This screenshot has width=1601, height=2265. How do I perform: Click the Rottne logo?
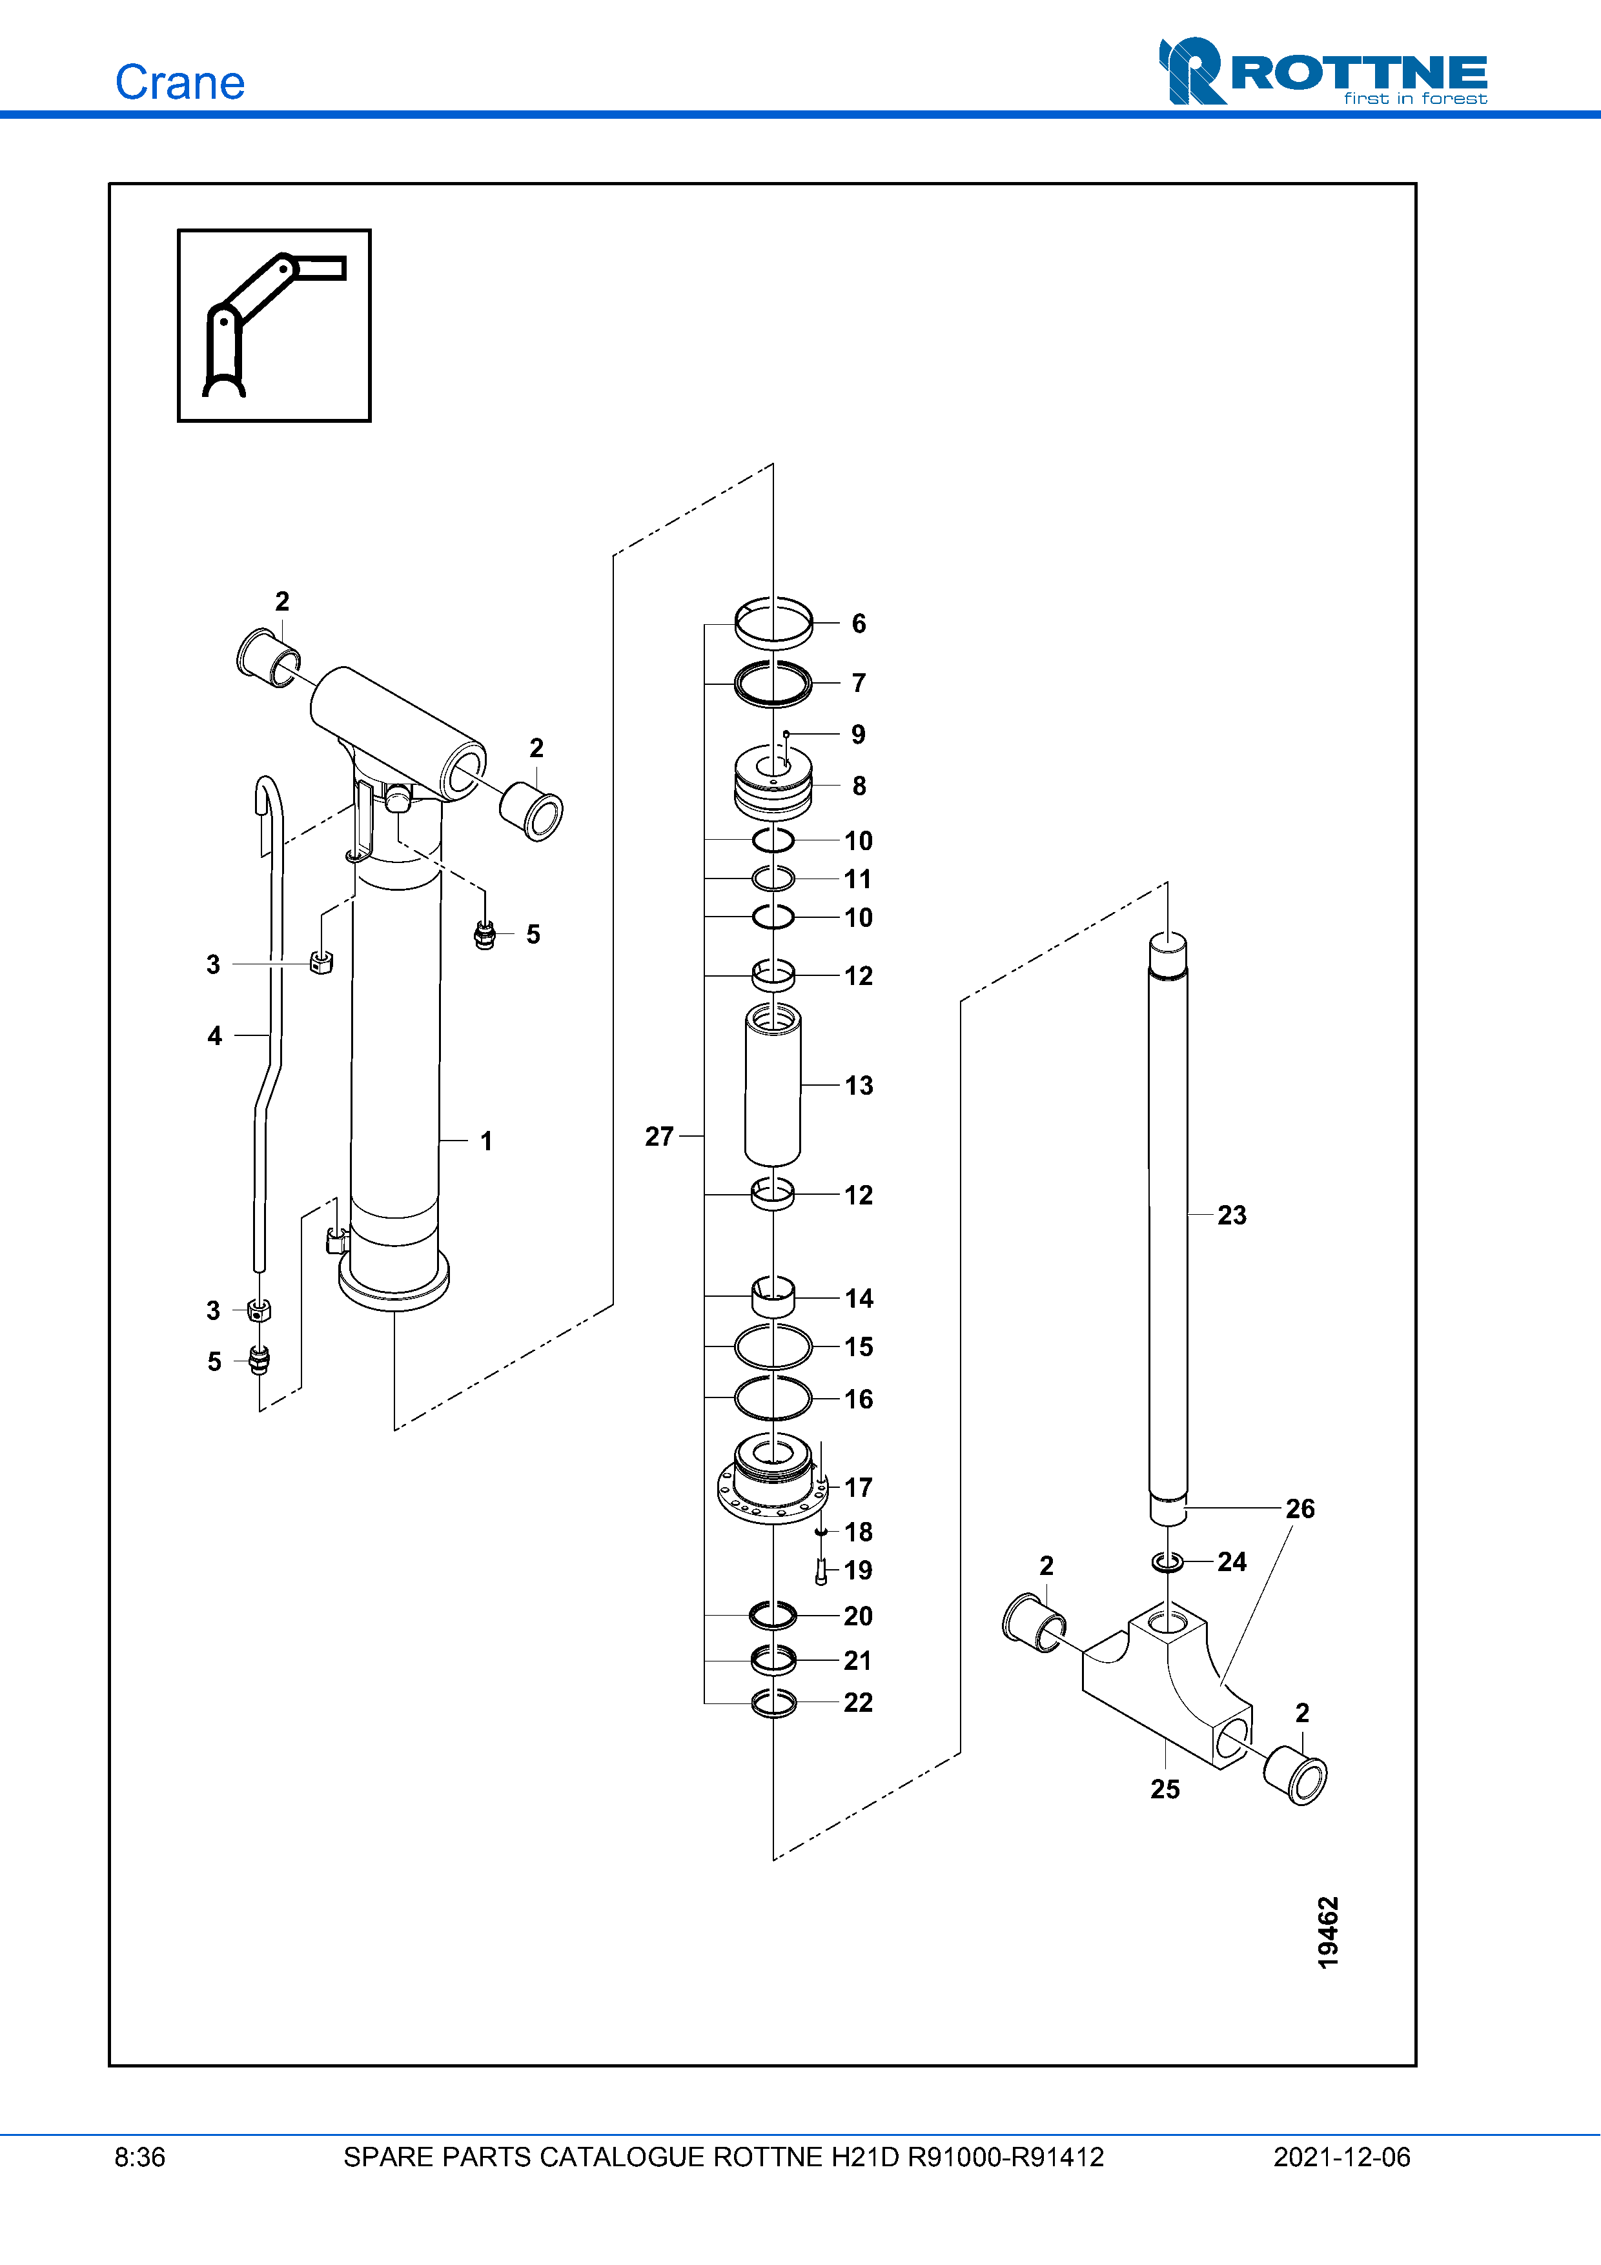point(1323,71)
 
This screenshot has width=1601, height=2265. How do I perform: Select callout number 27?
point(659,1137)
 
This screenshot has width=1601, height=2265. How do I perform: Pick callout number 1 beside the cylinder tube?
point(486,1141)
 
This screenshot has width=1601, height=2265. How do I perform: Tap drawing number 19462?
point(1328,1933)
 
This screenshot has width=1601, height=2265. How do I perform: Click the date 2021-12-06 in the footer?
point(1341,2157)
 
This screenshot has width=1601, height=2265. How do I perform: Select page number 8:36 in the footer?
point(140,2157)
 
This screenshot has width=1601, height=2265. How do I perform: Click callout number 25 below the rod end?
point(1165,1789)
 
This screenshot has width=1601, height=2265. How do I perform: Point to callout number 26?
point(1300,1508)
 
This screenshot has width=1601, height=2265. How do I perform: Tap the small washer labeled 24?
point(1168,1561)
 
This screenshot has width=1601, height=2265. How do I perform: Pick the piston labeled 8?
point(773,782)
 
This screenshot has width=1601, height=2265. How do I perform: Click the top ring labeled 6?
point(773,624)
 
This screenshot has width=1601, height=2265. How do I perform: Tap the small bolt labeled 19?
point(821,1570)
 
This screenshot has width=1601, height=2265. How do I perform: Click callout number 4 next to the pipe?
point(215,1036)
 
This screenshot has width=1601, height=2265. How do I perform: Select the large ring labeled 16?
point(773,1398)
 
